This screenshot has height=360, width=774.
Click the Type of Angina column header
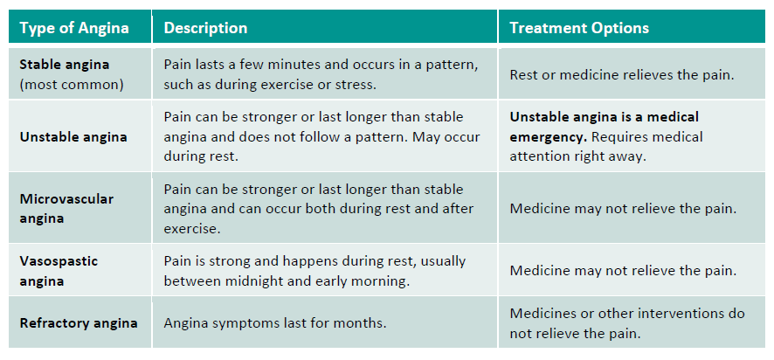point(74,28)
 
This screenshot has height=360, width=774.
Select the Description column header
point(205,28)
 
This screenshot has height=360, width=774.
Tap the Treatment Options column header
point(579,28)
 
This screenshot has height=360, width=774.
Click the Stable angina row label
point(65,65)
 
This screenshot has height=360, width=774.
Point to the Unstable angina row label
point(73,137)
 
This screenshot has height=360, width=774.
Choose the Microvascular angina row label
point(66,208)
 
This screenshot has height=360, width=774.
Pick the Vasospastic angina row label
point(59,271)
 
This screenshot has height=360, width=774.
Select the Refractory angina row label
point(79,323)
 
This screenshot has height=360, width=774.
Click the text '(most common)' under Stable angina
point(72,85)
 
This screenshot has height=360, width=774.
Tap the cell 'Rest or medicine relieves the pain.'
point(623,75)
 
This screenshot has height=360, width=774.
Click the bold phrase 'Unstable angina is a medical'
point(605,117)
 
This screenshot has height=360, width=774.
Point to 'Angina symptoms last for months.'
point(275,323)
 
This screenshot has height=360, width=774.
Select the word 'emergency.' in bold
point(548,137)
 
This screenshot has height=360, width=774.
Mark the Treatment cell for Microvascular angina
point(623,208)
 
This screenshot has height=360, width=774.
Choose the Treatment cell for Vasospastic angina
point(623,271)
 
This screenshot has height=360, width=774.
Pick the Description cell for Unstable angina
point(321,137)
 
